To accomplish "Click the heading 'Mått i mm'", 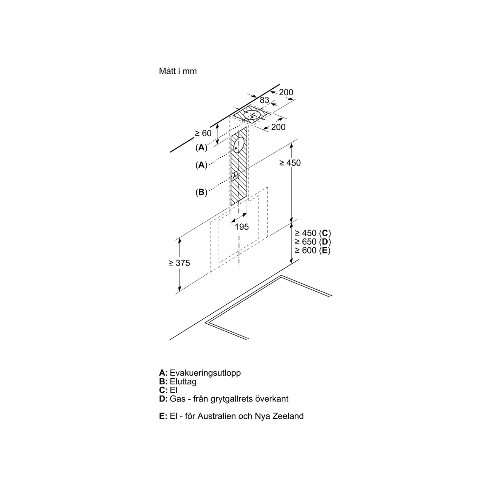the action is [178, 71].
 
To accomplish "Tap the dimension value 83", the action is [265, 100].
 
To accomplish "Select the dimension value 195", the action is [242, 227].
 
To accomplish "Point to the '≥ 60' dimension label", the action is [203, 133].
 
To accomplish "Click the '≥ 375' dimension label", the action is [179, 263].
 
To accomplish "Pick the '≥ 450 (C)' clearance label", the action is [313, 233].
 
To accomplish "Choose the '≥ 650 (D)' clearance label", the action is [313, 242].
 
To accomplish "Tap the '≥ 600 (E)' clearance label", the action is [313, 251].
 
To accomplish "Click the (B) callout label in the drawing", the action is [201, 192].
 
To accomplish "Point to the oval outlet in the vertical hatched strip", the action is [239, 145].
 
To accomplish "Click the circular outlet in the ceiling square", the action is [252, 116].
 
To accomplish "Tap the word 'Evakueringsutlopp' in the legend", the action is [205, 373].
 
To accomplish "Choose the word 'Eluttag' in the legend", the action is [183, 381].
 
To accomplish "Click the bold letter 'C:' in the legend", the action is [163, 390].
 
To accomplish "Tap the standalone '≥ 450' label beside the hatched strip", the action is [290, 163].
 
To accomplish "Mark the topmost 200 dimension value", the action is [286, 92].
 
